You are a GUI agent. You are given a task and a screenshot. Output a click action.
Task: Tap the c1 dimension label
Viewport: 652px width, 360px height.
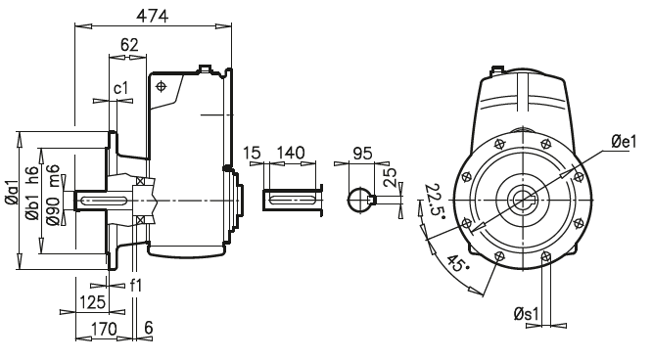(120, 89)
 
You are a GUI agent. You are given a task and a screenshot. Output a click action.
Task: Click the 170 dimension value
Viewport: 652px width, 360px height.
(104, 328)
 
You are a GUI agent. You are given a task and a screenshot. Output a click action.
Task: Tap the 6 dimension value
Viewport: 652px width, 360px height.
(148, 328)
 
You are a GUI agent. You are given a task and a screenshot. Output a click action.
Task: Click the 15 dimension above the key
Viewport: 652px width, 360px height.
(253, 154)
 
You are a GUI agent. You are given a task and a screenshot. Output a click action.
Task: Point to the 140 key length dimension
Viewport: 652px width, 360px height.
(291, 154)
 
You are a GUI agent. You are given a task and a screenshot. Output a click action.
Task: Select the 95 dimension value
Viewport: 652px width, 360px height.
(363, 154)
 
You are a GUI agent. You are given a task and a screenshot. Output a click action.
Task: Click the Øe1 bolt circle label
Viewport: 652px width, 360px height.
(623, 142)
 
